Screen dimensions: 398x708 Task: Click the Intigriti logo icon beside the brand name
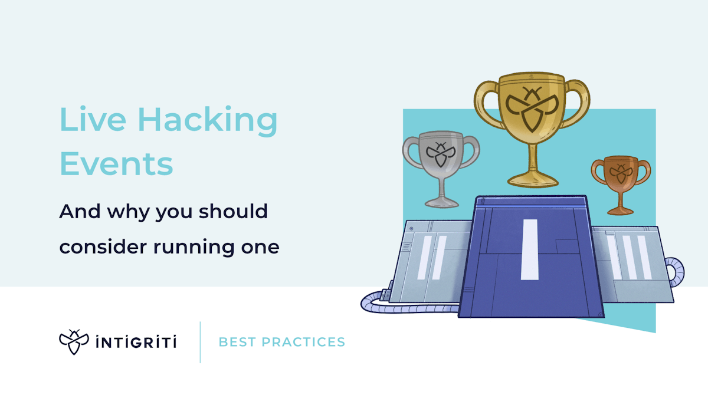click(74, 342)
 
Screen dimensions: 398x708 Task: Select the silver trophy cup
click(441, 159)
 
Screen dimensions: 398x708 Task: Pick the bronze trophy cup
click(621, 177)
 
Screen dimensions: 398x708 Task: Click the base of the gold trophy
click(532, 179)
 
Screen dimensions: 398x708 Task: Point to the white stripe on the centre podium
click(529, 249)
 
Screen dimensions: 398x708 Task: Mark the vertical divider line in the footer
click(201, 342)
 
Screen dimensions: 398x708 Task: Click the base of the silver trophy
click(441, 202)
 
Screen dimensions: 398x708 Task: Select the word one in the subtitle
click(261, 247)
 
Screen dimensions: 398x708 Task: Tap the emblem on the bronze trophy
click(619, 172)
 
